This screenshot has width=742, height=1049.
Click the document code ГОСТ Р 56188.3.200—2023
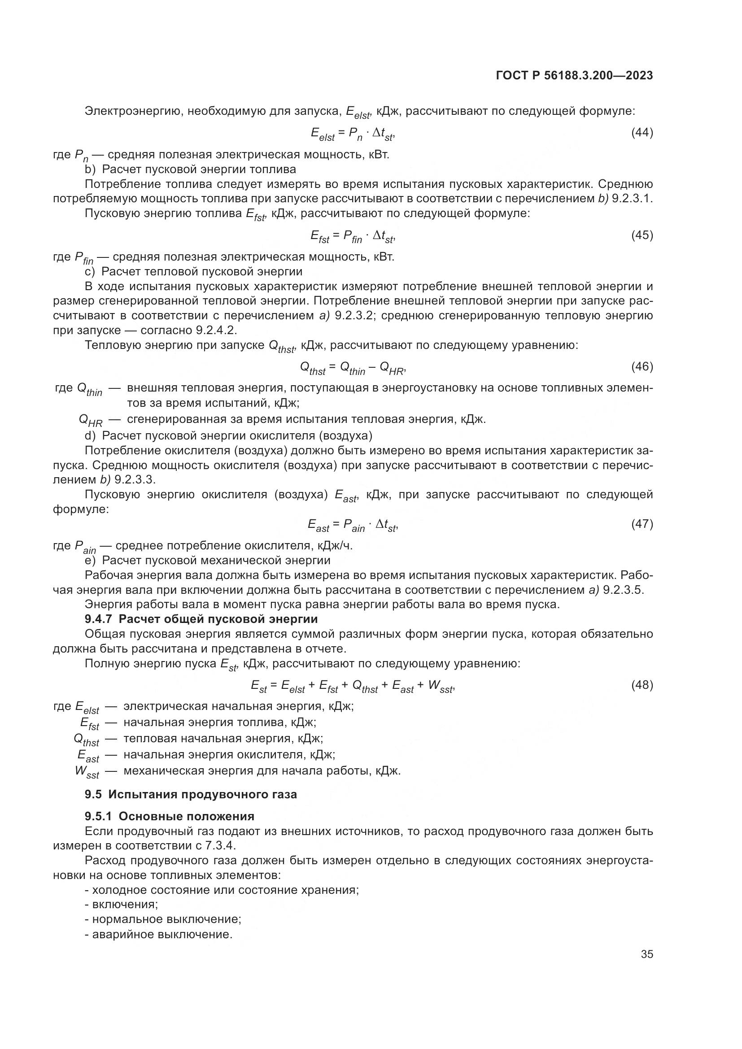coord(574,76)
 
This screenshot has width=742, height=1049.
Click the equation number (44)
coord(642,133)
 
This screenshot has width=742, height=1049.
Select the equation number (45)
coord(642,235)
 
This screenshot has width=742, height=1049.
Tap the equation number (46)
coord(642,366)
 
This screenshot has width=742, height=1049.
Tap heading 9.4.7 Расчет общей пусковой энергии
coord(201,619)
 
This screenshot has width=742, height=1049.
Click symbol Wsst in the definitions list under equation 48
coord(87,772)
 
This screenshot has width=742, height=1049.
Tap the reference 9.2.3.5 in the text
coord(623,590)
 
